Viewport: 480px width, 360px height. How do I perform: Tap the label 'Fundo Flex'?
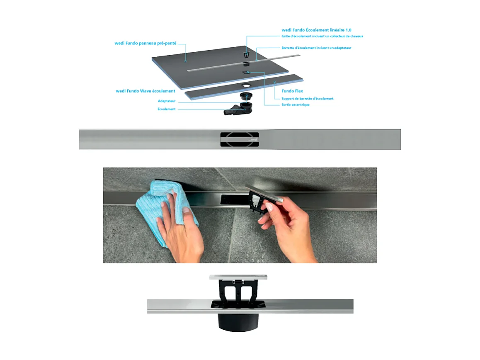pyautogui.click(x=293, y=91)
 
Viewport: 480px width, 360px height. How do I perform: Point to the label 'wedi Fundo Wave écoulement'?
pyautogui.click(x=145, y=91)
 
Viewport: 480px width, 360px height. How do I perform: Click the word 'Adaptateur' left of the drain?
pyautogui.click(x=167, y=101)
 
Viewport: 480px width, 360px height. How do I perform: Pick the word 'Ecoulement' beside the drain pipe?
pyautogui.click(x=167, y=109)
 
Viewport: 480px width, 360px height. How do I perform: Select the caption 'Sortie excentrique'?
pyautogui.click(x=295, y=105)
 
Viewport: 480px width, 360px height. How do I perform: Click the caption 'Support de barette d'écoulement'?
pyautogui.click(x=307, y=98)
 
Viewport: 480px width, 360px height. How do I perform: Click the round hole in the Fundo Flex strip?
pyautogui.click(x=247, y=85)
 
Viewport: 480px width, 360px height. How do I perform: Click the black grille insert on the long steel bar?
pyautogui.click(x=239, y=139)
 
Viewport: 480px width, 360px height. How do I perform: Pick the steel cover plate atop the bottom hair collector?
pyautogui.click(x=238, y=277)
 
